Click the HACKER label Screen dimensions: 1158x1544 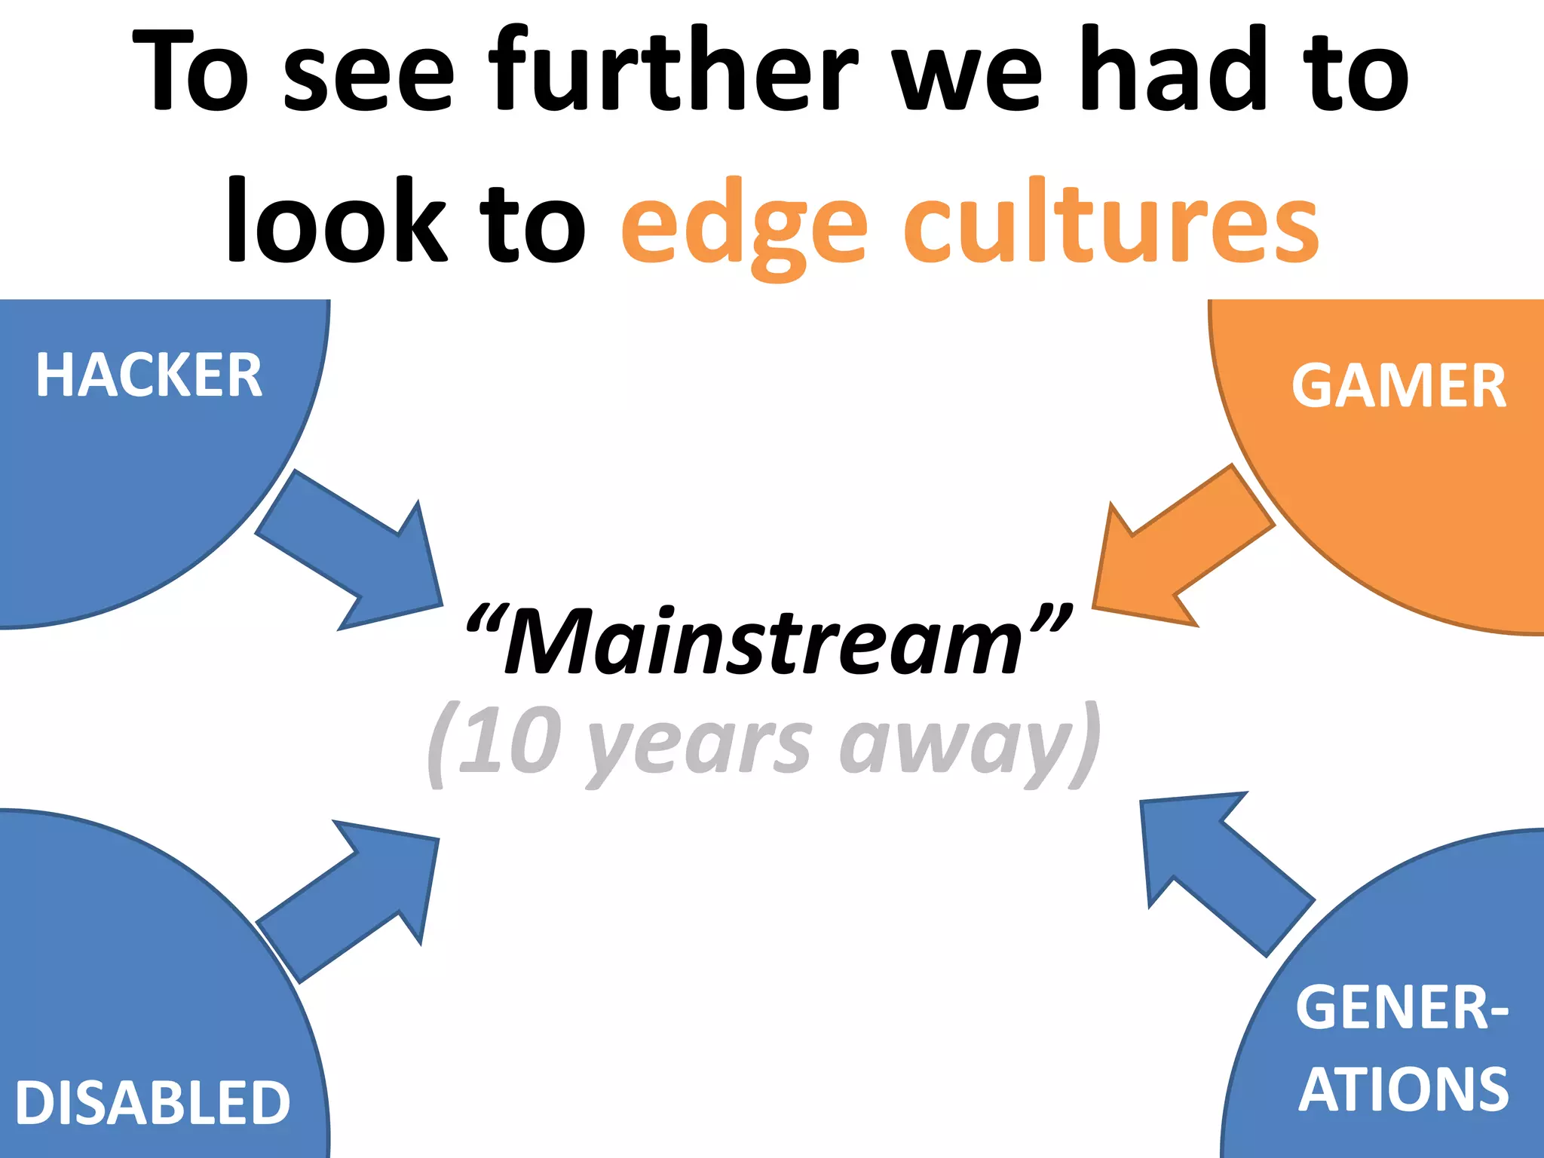tap(149, 375)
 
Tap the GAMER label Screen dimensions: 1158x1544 tap(1398, 386)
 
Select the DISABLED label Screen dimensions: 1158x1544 tap(152, 1102)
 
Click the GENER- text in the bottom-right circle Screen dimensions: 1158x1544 tap(1402, 1007)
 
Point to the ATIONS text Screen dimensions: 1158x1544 tap(1403, 1090)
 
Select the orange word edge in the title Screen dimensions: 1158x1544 tap(743, 226)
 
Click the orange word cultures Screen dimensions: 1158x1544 tap(1111, 222)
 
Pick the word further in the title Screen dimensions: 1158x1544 tap(672, 72)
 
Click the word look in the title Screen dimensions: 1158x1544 tap(336, 222)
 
